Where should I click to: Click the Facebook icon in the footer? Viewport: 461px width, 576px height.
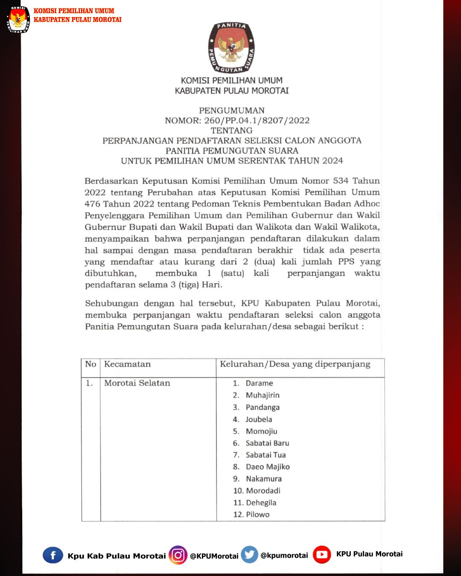53,555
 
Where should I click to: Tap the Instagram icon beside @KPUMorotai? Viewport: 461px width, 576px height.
178,555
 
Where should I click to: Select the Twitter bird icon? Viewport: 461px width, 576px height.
250,555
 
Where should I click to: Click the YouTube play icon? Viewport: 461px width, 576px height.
322,555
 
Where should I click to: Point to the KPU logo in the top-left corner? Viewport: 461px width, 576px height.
18,20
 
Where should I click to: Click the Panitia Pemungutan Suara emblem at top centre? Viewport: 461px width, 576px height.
231,48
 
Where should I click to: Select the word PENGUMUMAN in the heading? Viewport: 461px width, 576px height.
232,111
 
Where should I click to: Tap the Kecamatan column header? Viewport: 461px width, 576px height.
127,364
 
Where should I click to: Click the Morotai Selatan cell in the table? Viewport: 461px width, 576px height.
137,383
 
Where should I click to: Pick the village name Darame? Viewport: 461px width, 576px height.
259,383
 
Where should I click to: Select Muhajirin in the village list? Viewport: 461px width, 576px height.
263,395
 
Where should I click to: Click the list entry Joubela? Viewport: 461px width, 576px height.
259,419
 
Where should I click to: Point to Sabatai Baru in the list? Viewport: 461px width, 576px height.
267,443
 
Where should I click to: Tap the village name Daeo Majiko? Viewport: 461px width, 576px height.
268,467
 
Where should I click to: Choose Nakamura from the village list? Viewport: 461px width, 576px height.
264,479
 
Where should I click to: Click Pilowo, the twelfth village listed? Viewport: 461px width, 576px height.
257,515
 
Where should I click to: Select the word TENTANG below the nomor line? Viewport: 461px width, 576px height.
231,131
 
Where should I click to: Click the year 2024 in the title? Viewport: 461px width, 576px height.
333,161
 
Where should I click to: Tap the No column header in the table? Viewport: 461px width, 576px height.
90,364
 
